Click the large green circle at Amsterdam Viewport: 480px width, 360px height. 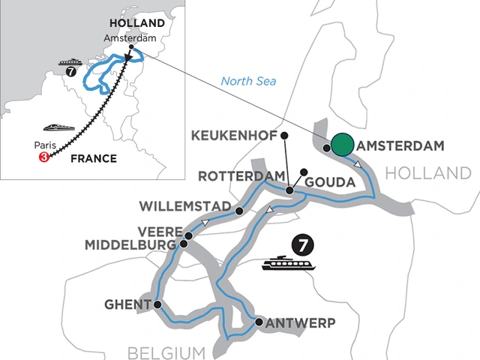pyautogui.click(x=343, y=145)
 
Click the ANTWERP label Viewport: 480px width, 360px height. pyautogui.click(x=298, y=323)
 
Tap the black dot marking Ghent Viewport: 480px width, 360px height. pyautogui.click(x=157, y=304)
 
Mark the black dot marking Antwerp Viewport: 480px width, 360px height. pyautogui.click(x=259, y=322)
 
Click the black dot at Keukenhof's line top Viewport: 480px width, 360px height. pyautogui.click(x=283, y=136)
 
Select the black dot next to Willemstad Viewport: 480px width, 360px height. pyautogui.click(x=239, y=211)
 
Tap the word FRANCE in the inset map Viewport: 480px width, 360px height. pyautogui.click(x=93, y=158)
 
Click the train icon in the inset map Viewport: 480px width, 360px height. pyautogui.click(x=58, y=127)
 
